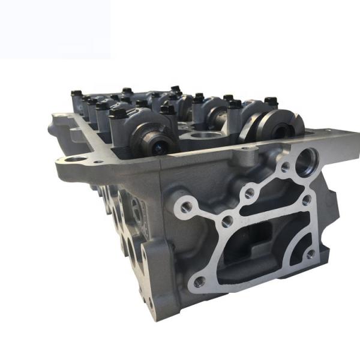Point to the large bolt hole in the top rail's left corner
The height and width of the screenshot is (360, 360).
pyautogui.click(x=76, y=160)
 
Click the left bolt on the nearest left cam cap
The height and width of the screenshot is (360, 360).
pyautogui.click(x=118, y=112)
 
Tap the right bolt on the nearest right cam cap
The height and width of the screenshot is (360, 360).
pyautogui.click(x=271, y=101)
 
